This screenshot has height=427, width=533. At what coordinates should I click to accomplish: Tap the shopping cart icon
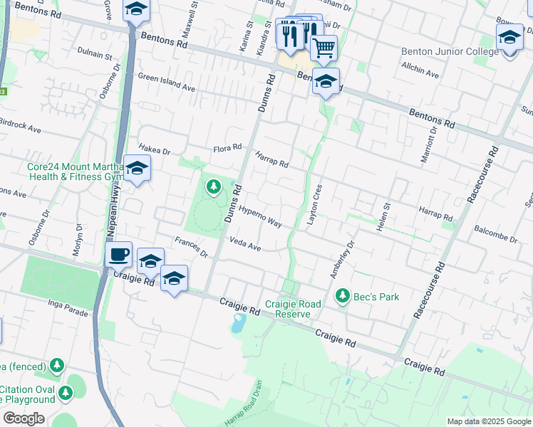324,48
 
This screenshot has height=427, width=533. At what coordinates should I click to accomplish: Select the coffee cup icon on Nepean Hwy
118,254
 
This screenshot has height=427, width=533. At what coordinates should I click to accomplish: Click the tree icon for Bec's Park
343,295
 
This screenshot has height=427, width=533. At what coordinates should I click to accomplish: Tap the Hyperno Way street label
260,217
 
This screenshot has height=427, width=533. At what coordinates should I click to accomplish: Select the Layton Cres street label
314,206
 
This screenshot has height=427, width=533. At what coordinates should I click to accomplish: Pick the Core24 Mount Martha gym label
75,172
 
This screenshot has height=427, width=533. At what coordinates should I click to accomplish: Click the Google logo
24,418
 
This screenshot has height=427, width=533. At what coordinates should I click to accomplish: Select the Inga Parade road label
69,310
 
